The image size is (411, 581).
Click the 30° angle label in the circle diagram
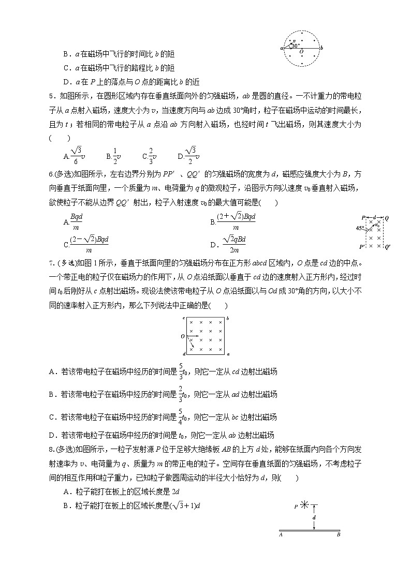click(x=296, y=46)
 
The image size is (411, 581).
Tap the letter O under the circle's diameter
click(x=301, y=52)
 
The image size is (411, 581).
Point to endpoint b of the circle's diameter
click(x=322, y=48)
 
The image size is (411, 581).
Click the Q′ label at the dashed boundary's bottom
click(x=388, y=247)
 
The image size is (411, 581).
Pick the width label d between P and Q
click(x=374, y=218)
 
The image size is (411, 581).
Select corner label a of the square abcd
click(x=228, y=354)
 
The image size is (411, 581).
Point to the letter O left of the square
click(x=183, y=336)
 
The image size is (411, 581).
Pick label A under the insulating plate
click(x=280, y=534)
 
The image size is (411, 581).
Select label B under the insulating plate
click(x=338, y=534)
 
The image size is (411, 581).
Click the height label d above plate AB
click(x=314, y=517)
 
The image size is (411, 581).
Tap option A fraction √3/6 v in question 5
click(x=74, y=153)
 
